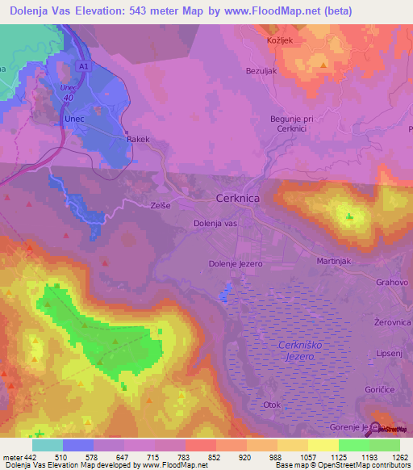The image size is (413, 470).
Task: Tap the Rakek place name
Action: click(x=139, y=140)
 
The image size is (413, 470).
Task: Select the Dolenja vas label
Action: click(x=215, y=223)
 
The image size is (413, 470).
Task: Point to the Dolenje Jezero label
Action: click(x=237, y=262)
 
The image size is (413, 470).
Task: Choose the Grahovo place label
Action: click(x=392, y=283)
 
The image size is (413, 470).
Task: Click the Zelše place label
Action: click(x=161, y=206)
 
